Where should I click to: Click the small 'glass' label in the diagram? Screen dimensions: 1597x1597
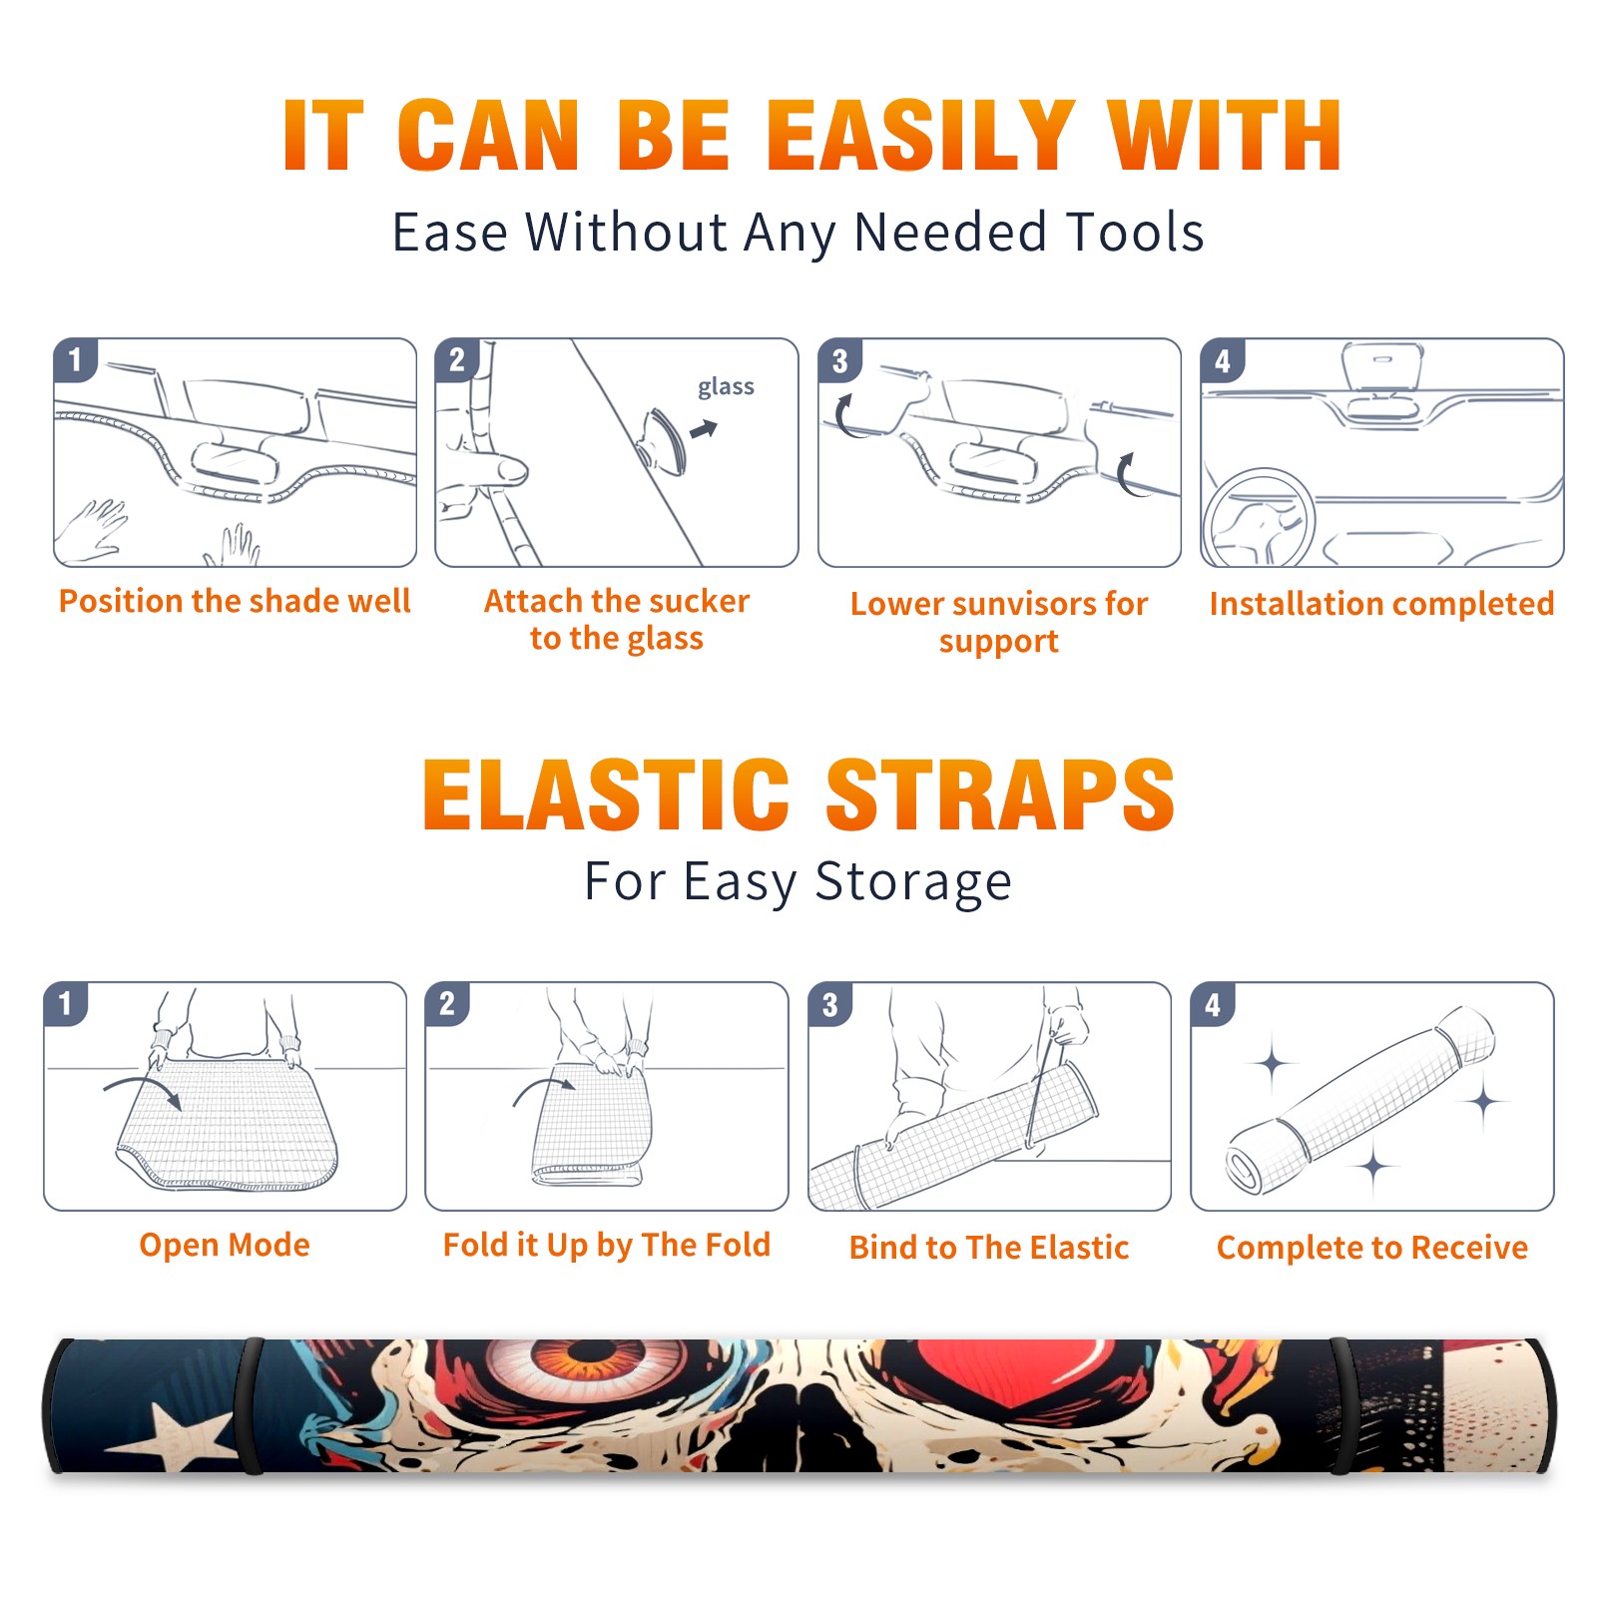pos(726,387)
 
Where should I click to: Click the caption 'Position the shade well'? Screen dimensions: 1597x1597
pos(235,601)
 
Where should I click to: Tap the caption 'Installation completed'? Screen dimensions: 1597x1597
pos(1381,604)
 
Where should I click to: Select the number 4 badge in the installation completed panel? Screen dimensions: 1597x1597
pos(1222,360)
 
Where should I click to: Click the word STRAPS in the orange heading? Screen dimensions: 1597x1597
pos(1000,795)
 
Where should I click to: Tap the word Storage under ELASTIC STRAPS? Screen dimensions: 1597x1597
pos(913,882)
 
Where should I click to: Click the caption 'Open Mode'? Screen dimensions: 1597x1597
pos(225,1245)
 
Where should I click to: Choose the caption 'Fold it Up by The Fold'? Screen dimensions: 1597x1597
pos(607,1245)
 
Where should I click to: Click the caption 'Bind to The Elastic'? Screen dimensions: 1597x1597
pos(989,1248)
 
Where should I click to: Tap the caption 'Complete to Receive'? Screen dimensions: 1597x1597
pos(1372,1248)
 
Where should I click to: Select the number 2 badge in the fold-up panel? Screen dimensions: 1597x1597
pos(447,1003)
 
